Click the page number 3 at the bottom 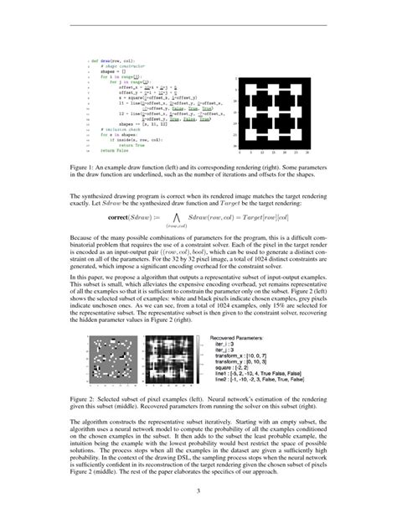click(198, 491)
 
